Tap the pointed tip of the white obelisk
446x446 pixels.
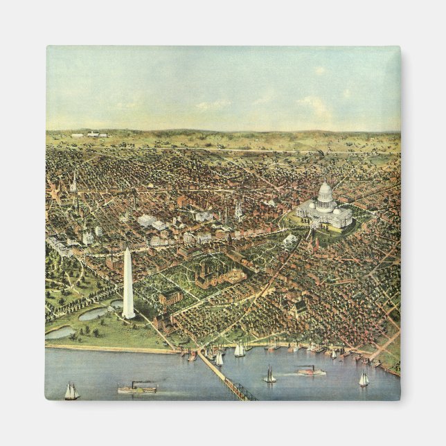coord(127,250)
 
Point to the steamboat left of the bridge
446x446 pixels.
coord(136,388)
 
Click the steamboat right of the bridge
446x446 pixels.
coord(312,371)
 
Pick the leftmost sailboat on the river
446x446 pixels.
coord(71,392)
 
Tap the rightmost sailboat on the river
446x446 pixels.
coord(364,379)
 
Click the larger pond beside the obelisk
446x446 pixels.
coord(96,314)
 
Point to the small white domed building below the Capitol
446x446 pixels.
coord(289,240)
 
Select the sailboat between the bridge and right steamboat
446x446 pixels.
coord(269,376)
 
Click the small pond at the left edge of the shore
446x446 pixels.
coord(60,332)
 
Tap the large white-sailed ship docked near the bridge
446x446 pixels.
coord(239,350)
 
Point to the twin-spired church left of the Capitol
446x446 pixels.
coord(238,211)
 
